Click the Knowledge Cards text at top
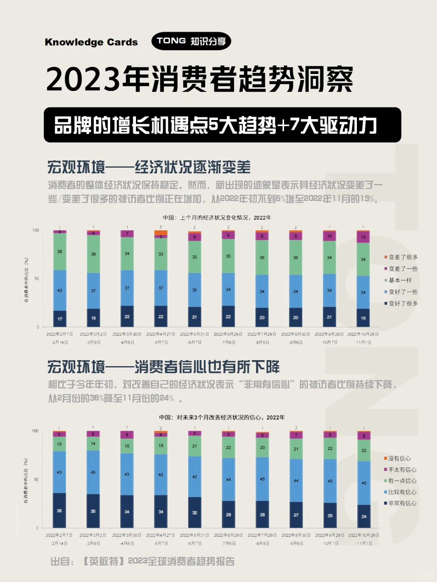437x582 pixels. coord(91,42)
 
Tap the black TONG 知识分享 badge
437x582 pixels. coord(191,41)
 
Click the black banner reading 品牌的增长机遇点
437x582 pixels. coord(222,125)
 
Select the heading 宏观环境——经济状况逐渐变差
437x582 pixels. coord(149,167)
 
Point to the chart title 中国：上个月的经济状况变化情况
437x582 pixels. coord(217,217)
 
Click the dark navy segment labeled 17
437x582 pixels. coord(60,318)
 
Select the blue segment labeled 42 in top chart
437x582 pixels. coord(60,290)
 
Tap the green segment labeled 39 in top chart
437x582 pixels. coord(93,254)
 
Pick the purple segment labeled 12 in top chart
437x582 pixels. coord(363,237)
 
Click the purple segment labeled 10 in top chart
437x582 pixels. coord(329,236)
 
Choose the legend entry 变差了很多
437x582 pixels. coord(401,257)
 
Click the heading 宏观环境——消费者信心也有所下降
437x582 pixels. coord(163,367)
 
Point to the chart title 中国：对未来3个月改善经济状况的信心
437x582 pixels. coord(222,417)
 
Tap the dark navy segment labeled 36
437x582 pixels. coord(59,510)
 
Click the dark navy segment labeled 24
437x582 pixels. coord(364,516)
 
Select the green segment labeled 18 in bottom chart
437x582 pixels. coord(161,446)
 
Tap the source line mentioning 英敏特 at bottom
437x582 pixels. coord(142,561)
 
